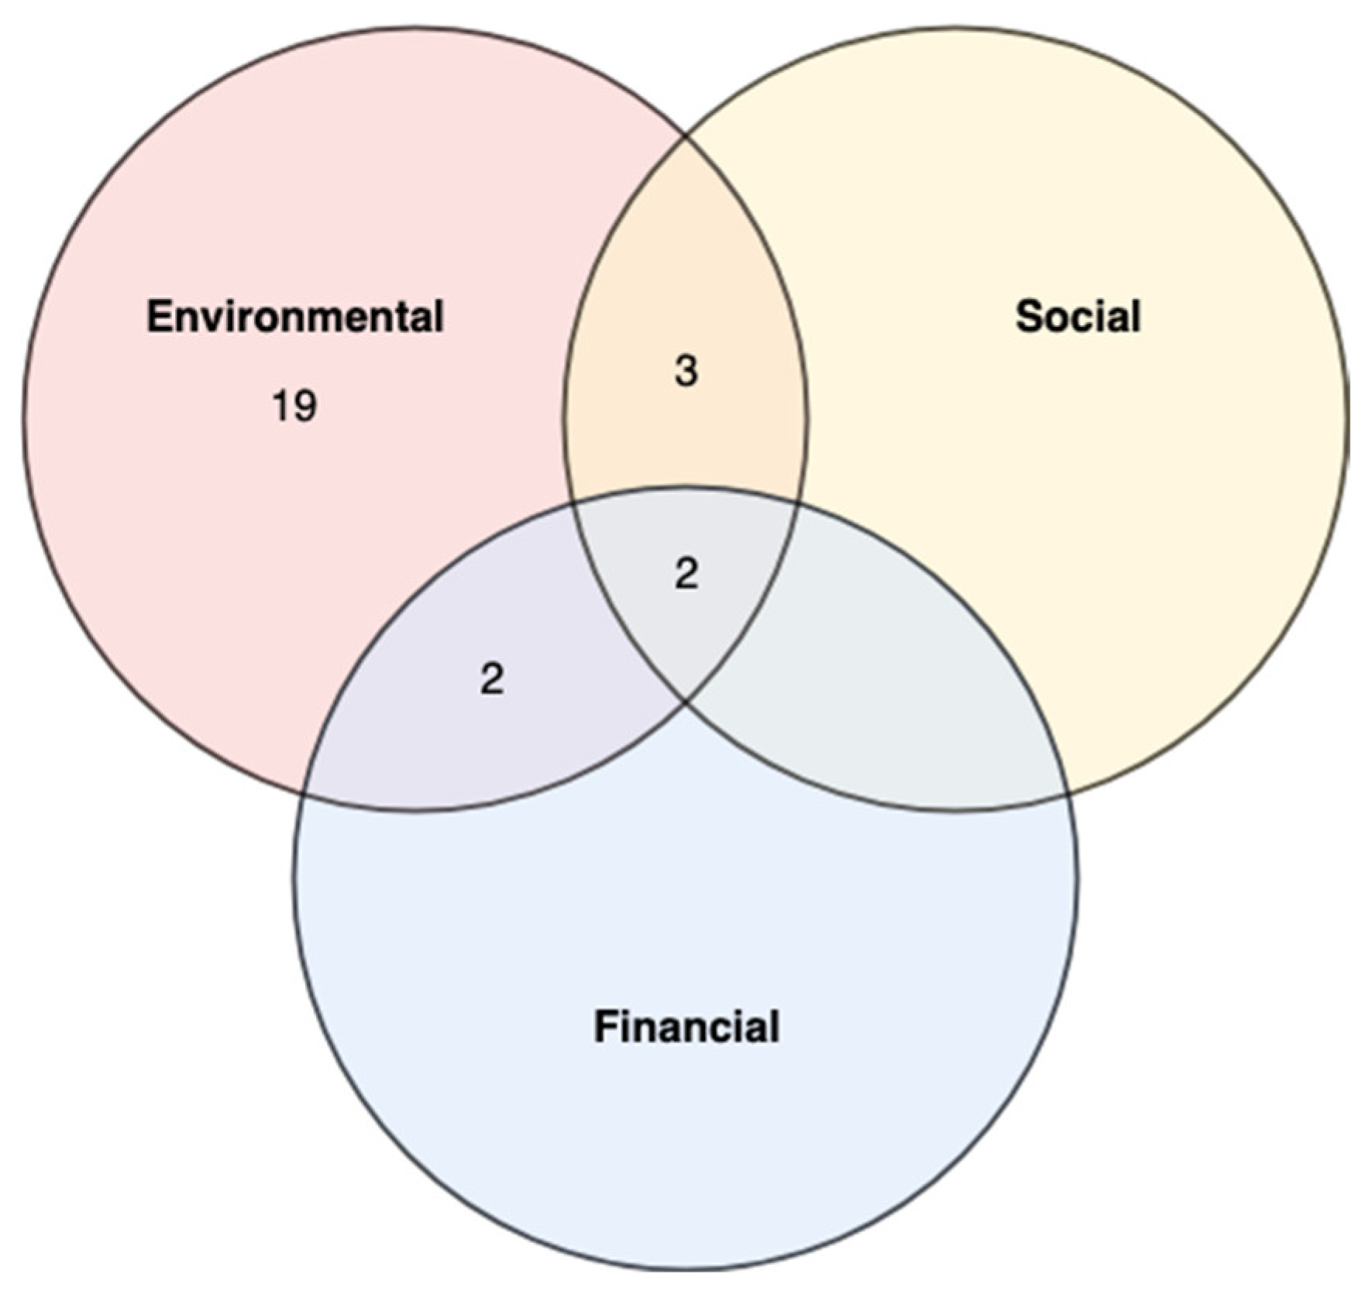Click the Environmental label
coord(294,317)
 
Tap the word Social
coord(1077,317)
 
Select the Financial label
coord(686,1027)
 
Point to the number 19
coord(294,406)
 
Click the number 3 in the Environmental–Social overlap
coord(686,371)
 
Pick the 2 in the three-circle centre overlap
coord(686,575)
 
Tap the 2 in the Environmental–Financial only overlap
coord(492,680)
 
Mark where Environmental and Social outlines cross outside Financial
coord(686,137)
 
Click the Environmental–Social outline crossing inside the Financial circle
coord(686,701)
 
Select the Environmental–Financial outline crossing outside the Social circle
coord(304,795)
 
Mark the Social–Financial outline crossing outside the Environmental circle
coord(1068,795)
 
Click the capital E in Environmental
coord(157,317)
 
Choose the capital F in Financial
coord(604,1027)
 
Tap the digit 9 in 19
coord(304,406)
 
